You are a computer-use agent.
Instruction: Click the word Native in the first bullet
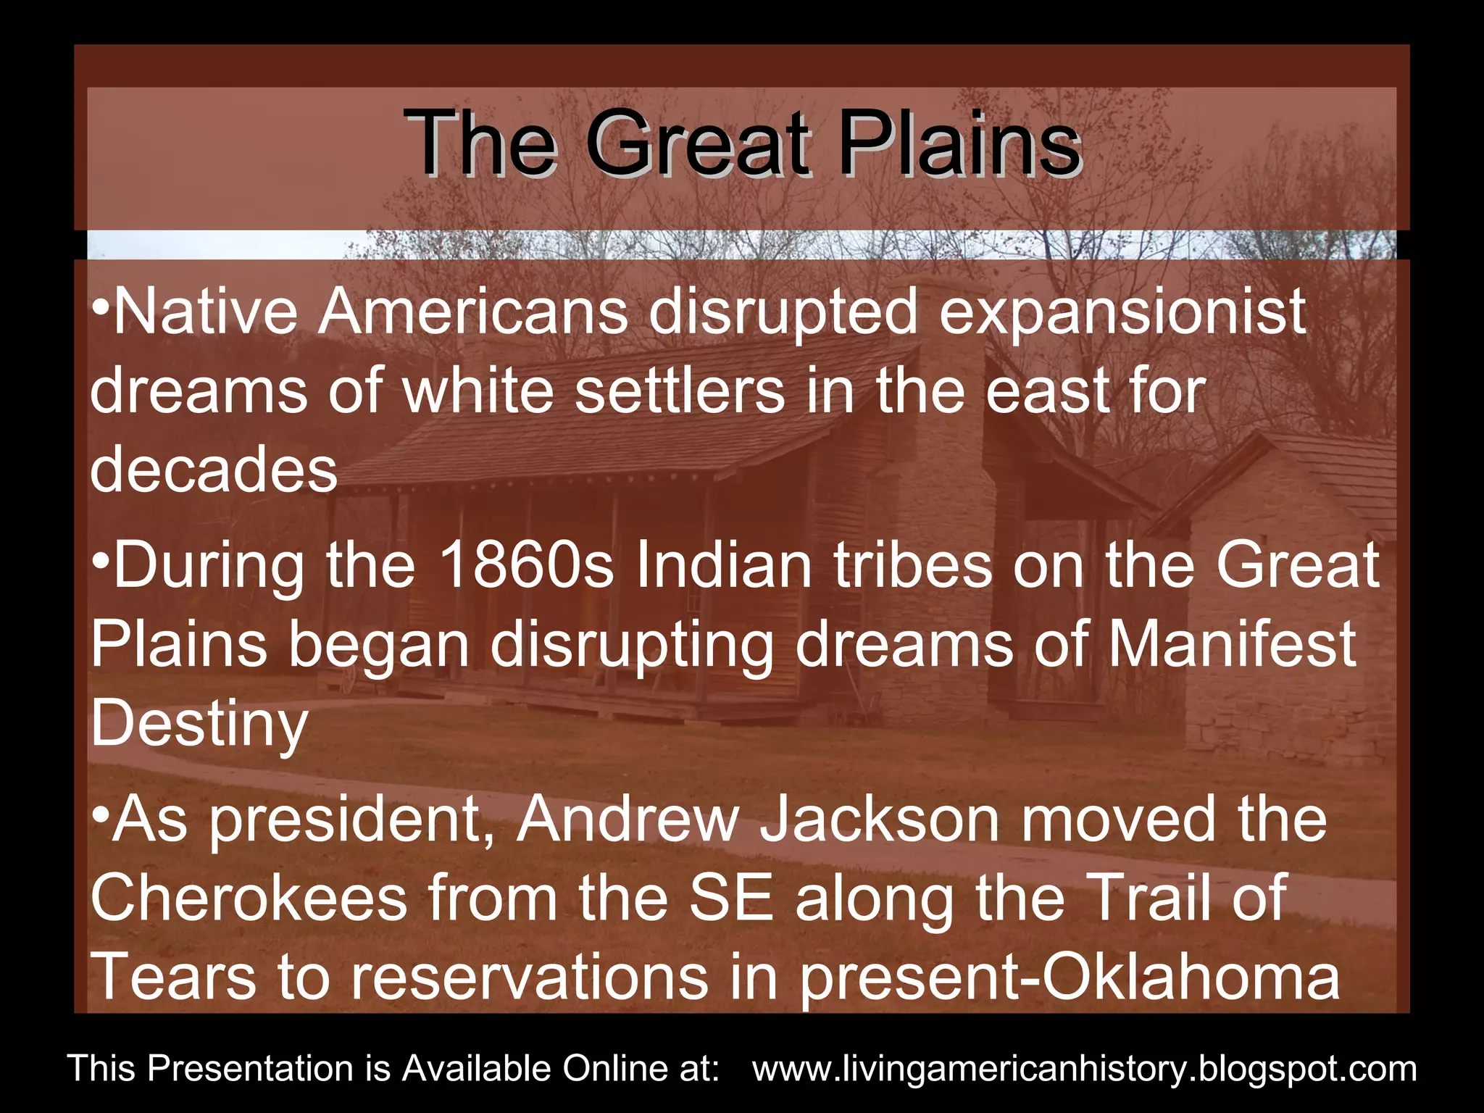click(206, 312)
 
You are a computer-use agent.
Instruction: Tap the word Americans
click(474, 312)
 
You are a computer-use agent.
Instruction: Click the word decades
click(214, 470)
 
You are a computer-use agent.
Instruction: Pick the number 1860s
click(527, 565)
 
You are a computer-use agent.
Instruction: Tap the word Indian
click(724, 565)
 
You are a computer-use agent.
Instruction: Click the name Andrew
click(628, 820)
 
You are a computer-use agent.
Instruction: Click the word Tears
click(174, 977)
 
